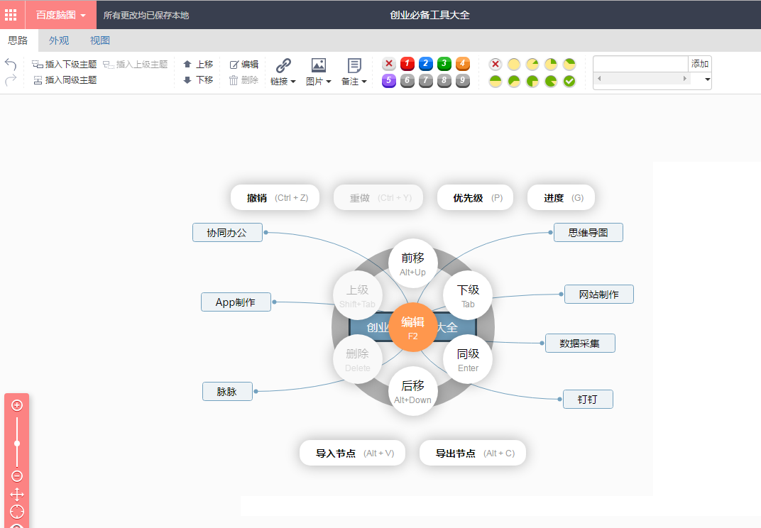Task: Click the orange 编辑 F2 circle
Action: (412, 327)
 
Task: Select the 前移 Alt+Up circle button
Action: (412, 263)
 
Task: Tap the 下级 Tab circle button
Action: (468, 295)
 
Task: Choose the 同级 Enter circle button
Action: (468, 359)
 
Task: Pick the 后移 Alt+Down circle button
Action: (412, 391)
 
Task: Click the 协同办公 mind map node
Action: (227, 232)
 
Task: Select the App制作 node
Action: (236, 302)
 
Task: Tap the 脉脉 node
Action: (227, 391)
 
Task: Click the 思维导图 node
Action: (588, 232)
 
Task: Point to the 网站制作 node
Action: (598, 294)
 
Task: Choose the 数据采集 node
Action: (580, 343)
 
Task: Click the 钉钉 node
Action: (588, 399)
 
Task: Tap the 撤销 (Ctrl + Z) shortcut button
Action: (275, 197)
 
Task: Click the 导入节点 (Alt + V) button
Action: (352, 453)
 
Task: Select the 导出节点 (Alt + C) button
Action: (473, 453)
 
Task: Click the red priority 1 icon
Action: (407, 64)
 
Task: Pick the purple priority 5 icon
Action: (389, 81)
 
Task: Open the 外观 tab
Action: (59, 40)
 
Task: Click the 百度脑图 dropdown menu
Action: (61, 15)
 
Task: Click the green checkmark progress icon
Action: (569, 81)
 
